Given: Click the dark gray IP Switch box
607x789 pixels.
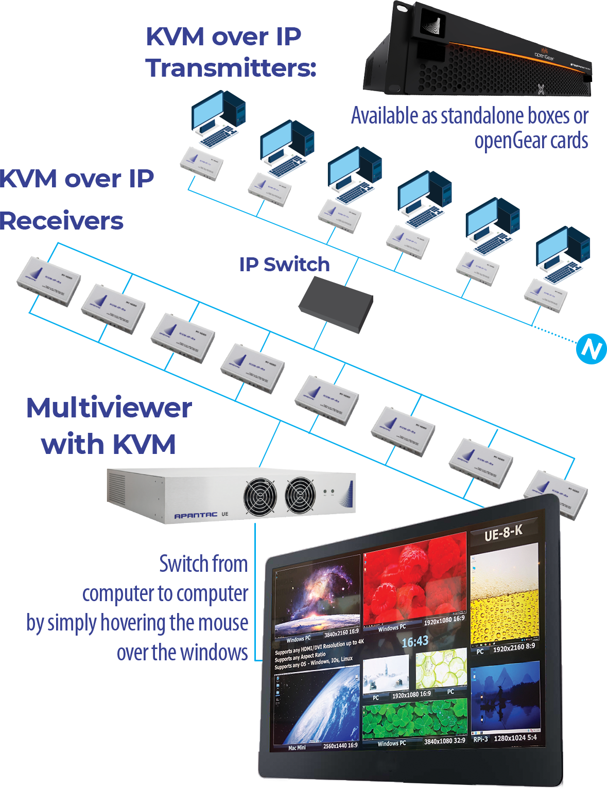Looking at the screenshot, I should [x=336, y=304].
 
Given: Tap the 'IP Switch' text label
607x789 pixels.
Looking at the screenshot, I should [x=284, y=265].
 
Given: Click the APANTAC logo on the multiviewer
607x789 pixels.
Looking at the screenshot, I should [x=196, y=515].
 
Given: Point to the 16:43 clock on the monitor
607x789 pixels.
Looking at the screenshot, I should [x=415, y=641].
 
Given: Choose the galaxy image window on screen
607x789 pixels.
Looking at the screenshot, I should [x=317, y=597].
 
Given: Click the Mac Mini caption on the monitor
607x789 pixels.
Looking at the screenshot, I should [x=297, y=747].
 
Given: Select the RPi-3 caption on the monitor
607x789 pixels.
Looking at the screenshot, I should [x=480, y=739].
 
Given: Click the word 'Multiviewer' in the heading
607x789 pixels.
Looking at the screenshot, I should [x=109, y=408].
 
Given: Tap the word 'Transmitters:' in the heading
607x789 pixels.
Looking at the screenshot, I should [x=231, y=68].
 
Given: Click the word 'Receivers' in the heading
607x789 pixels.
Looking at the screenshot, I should [x=61, y=221].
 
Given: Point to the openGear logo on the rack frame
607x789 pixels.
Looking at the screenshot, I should [x=543, y=53].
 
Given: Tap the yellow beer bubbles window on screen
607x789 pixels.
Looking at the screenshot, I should [x=505, y=597].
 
